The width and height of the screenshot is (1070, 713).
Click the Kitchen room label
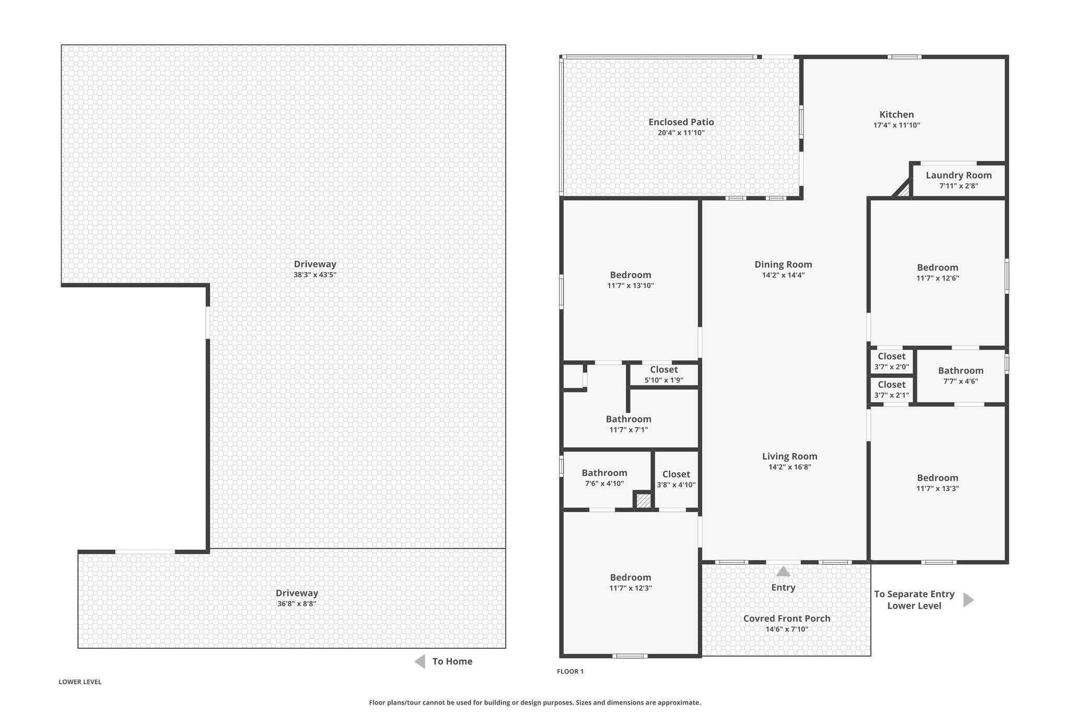click(897, 115)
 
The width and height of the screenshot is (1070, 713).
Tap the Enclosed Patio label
click(681, 122)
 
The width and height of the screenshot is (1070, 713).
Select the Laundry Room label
click(959, 176)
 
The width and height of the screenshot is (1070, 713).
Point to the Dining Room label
click(783, 265)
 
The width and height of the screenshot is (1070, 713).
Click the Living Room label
click(789, 457)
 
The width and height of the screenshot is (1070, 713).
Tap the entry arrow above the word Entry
click(783, 571)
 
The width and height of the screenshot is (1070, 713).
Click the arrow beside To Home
click(420, 662)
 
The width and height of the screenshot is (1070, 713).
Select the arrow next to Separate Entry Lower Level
click(969, 600)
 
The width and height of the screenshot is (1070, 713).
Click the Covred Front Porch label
click(787, 618)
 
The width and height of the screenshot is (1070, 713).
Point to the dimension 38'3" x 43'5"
click(315, 275)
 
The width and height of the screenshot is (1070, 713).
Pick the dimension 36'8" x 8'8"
click(297, 604)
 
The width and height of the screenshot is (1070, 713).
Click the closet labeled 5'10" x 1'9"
click(664, 375)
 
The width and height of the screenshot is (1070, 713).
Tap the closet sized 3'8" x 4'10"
click(676, 479)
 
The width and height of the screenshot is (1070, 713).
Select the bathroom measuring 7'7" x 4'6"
click(961, 376)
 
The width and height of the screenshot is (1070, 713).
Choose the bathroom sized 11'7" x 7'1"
click(629, 424)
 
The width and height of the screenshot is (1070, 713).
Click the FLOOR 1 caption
click(570, 672)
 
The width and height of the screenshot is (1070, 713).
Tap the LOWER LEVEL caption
click(80, 682)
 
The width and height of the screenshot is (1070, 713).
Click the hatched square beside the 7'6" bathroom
click(643, 501)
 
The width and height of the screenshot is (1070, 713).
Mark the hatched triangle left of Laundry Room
click(902, 189)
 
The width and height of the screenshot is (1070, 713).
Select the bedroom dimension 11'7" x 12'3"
click(631, 588)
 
